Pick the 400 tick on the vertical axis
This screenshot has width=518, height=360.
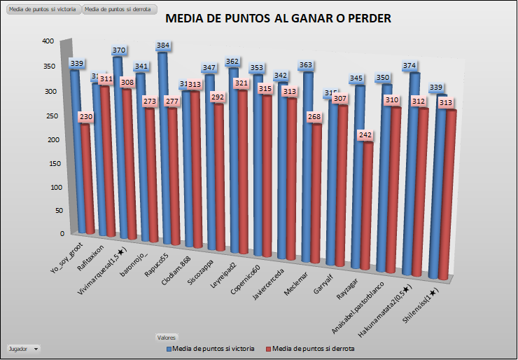[x=48, y=41]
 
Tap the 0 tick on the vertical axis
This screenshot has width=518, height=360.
[x=62, y=234]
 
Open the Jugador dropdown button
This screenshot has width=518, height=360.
[x=23, y=348]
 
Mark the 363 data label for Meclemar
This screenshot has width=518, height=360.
[x=306, y=65]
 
